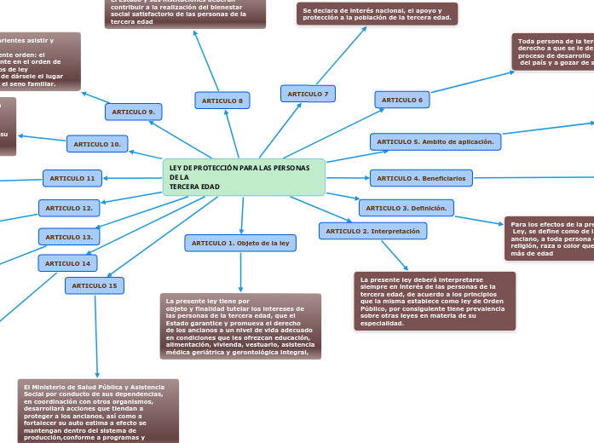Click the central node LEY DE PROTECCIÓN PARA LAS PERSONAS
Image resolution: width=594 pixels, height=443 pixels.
point(244,177)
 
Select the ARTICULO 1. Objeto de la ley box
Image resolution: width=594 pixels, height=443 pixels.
point(240,244)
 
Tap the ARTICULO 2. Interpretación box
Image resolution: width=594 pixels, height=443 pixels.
point(372,231)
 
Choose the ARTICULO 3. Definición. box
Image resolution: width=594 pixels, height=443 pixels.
point(406,208)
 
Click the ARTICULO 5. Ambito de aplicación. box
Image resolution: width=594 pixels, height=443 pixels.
point(435,141)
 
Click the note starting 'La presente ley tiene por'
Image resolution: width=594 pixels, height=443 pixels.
point(240,326)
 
